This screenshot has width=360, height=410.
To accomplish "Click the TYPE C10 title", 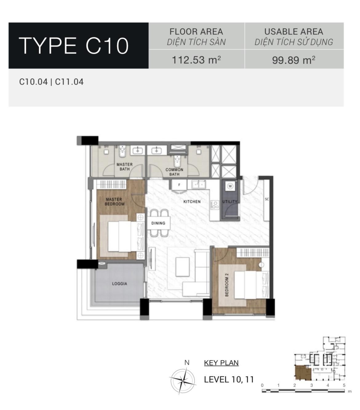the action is (x=74, y=46).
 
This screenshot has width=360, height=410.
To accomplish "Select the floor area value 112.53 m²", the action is (x=196, y=60).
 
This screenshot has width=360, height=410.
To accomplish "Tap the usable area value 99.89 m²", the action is (x=294, y=60).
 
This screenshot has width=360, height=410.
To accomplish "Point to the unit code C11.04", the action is (x=69, y=82).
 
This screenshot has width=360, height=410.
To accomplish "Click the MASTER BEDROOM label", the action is (x=114, y=202).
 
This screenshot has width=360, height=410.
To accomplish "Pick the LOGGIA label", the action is (x=119, y=284).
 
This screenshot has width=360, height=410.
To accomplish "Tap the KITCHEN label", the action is (x=192, y=201).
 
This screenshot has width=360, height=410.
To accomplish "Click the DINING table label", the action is (x=158, y=223).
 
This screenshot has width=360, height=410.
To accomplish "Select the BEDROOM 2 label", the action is (x=227, y=285).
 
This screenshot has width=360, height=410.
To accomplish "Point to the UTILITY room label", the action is (x=230, y=201).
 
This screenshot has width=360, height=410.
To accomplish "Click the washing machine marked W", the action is (x=230, y=186).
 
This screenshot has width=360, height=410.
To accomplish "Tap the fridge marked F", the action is (x=179, y=185).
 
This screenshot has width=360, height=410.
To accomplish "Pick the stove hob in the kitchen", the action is (x=215, y=205).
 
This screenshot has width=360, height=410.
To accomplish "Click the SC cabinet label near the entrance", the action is (x=267, y=199).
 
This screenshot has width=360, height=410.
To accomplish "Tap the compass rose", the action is (x=183, y=381).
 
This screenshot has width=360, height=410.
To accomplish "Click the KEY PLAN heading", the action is (x=221, y=363).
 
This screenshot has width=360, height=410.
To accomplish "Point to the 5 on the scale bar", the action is (x=344, y=385).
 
